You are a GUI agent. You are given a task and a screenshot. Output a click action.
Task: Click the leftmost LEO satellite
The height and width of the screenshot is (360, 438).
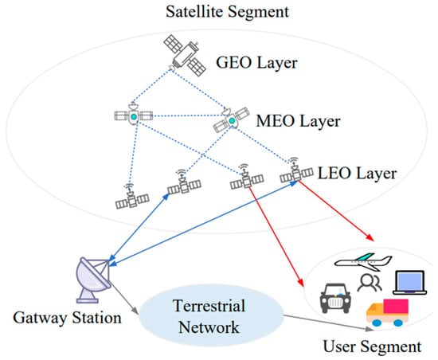[x=129, y=195]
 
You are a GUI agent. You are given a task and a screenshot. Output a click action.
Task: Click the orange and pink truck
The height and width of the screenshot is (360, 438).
[x=387, y=312]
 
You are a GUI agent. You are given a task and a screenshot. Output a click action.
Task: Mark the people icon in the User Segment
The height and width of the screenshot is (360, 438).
[x=368, y=284]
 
